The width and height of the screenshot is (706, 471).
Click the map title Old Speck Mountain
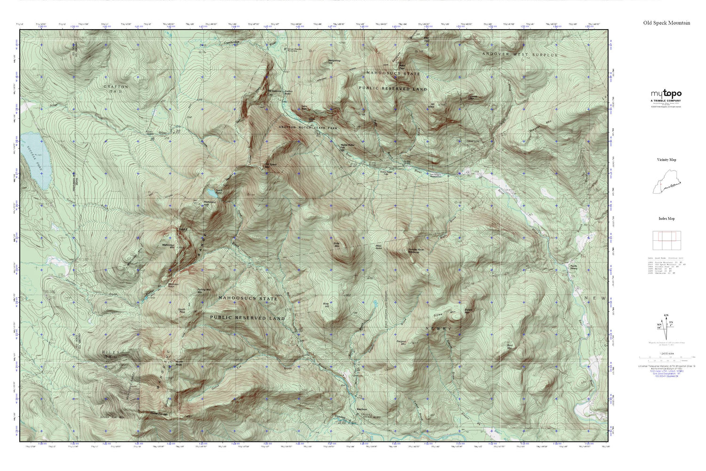666,23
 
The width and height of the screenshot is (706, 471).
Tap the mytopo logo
666,94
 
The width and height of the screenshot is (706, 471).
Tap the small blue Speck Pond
211,192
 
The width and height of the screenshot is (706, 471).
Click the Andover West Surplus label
519,55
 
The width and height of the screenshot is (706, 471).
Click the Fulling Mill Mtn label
203,292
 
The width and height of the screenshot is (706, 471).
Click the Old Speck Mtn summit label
270,165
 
